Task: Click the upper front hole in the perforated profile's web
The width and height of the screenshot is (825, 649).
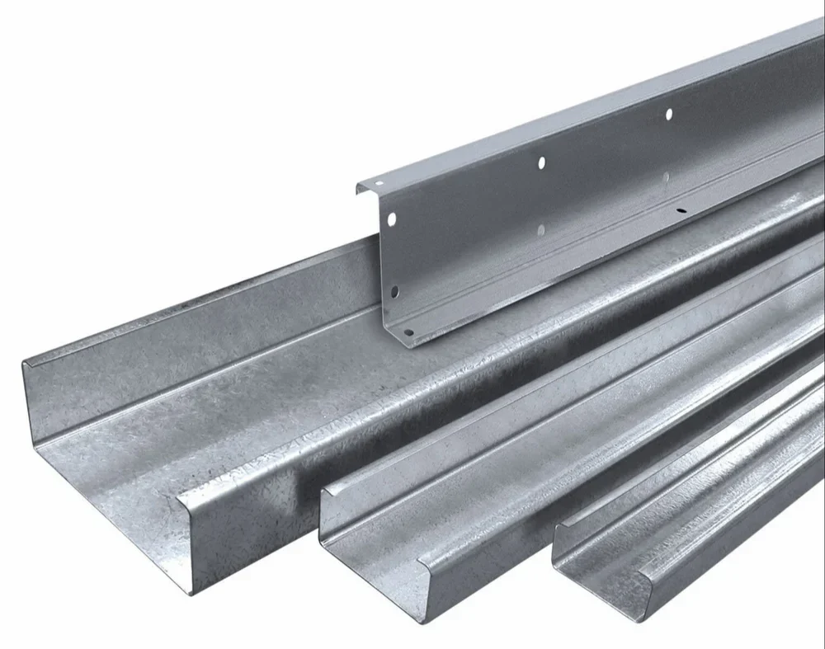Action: coord(392,219)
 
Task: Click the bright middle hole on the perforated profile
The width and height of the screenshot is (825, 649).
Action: coord(541,163)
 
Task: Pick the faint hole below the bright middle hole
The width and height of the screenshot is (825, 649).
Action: coord(540,228)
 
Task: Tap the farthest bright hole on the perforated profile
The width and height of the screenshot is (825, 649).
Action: coord(668,113)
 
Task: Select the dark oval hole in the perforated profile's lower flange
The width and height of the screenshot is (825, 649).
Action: coord(681,210)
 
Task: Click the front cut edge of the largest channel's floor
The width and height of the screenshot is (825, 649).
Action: coord(115,520)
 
